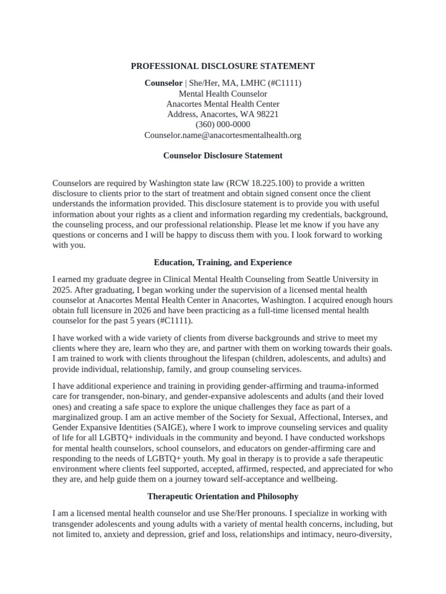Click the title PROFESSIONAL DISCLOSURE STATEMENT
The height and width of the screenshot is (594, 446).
pos(223,66)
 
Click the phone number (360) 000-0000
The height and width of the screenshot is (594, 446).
pos(223,125)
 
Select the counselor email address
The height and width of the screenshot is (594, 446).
pos(223,135)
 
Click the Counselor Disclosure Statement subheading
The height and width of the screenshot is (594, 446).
pos(223,155)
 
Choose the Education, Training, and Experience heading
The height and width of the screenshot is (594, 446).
pos(223,262)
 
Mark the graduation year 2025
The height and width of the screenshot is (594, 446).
pos(62,289)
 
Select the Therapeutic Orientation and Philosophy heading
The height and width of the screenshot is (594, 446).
pos(223,497)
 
